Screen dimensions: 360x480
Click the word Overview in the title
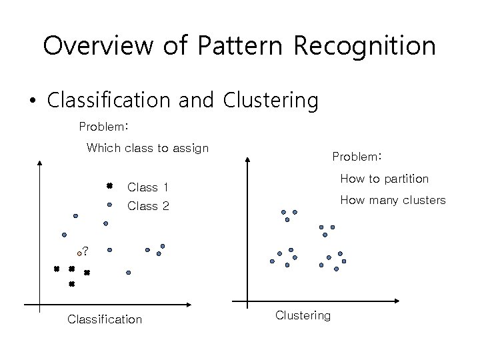tap(94, 45)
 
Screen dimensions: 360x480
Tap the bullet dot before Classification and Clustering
tap(32, 101)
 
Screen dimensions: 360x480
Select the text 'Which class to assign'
tap(147, 148)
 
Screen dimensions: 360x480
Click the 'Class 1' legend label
tap(147, 187)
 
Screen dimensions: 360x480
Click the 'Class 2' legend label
tap(147, 206)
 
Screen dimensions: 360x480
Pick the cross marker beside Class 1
tap(109, 186)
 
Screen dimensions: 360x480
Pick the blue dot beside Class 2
tap(109, 205)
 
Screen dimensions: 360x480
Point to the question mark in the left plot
tap(85, 252)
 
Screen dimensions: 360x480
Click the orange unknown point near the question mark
tap(79, 254)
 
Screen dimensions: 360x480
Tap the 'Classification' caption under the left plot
tap(105, 319)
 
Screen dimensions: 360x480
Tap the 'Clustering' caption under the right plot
tap(303, 315)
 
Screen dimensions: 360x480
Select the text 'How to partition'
tap(384, 179)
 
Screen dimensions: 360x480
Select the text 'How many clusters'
tap(393, 199)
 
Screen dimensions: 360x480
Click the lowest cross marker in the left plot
tap(71, 284)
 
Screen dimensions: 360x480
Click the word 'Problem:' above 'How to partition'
tap(357, 157)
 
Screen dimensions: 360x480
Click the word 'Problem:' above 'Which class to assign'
tap(103, 126)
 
